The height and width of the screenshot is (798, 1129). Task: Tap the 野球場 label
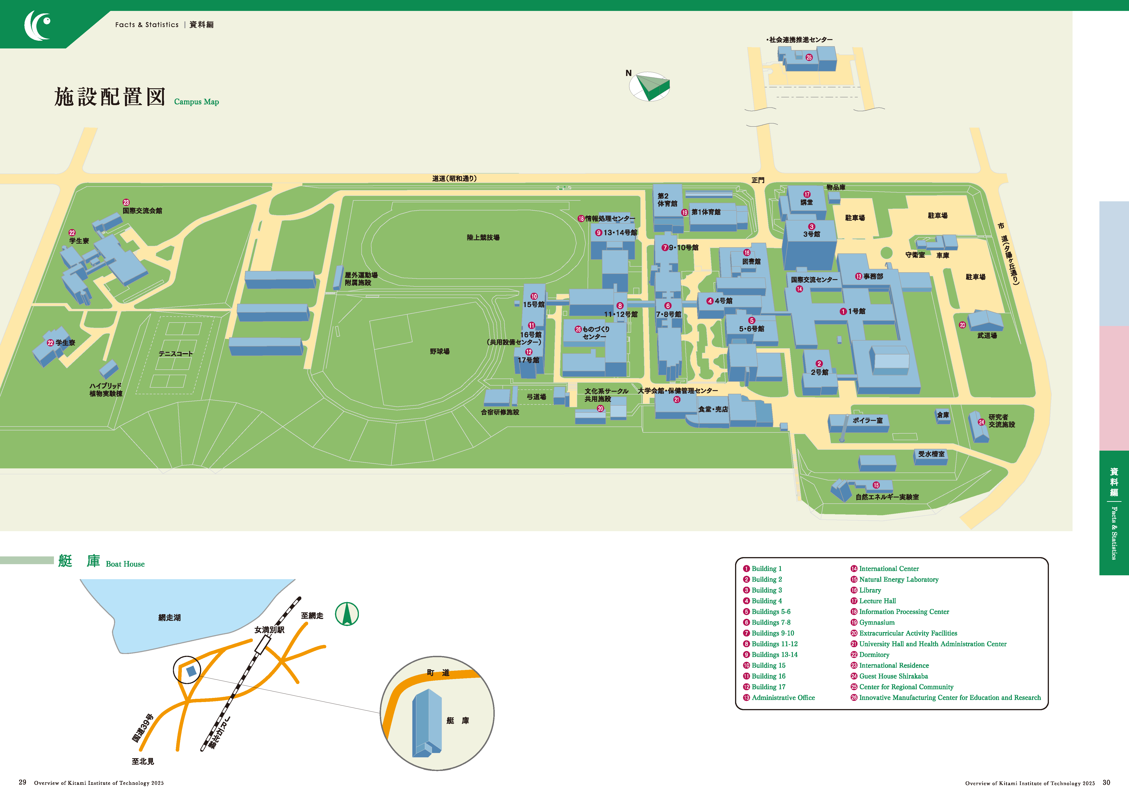coord(440,351)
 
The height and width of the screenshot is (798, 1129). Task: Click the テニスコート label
coord(175,354)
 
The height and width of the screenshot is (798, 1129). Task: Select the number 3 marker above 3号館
coord(812,227)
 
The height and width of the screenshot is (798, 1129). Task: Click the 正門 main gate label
coord(758,180)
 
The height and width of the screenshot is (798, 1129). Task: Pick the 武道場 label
coord(987,336)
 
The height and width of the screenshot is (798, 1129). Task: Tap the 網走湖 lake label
coord(170,618)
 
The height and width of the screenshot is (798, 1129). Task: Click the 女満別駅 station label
coord(269,630)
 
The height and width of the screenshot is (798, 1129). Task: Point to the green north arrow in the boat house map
coord(347,614)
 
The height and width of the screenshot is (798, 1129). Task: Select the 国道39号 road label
coord(143,728)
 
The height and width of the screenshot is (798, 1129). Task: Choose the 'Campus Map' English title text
coord(197,102)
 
